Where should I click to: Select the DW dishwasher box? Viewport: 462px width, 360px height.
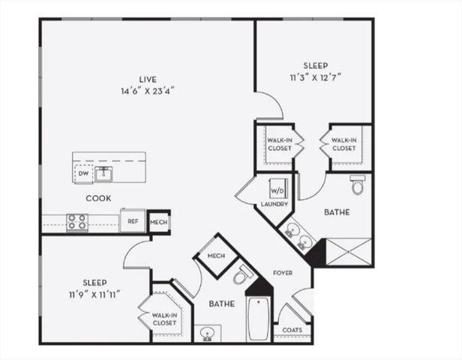(x=83, y=175)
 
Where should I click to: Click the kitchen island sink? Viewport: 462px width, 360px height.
(x=104, y=175)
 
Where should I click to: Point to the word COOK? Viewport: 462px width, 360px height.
(x=98, y=199)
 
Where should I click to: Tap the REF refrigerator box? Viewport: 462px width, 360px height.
(x=133, y=221)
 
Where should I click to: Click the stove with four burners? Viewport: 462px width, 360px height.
(x=77, y=222)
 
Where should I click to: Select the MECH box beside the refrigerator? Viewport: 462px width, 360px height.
(x=158, y=221)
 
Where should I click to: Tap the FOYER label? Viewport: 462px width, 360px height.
(x=282, y=273)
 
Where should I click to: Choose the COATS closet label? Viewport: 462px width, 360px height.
(x=292, y=330)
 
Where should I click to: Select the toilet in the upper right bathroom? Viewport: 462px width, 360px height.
(x=357, y=184)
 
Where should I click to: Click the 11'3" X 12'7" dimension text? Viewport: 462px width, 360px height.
(x=315, y=76)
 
